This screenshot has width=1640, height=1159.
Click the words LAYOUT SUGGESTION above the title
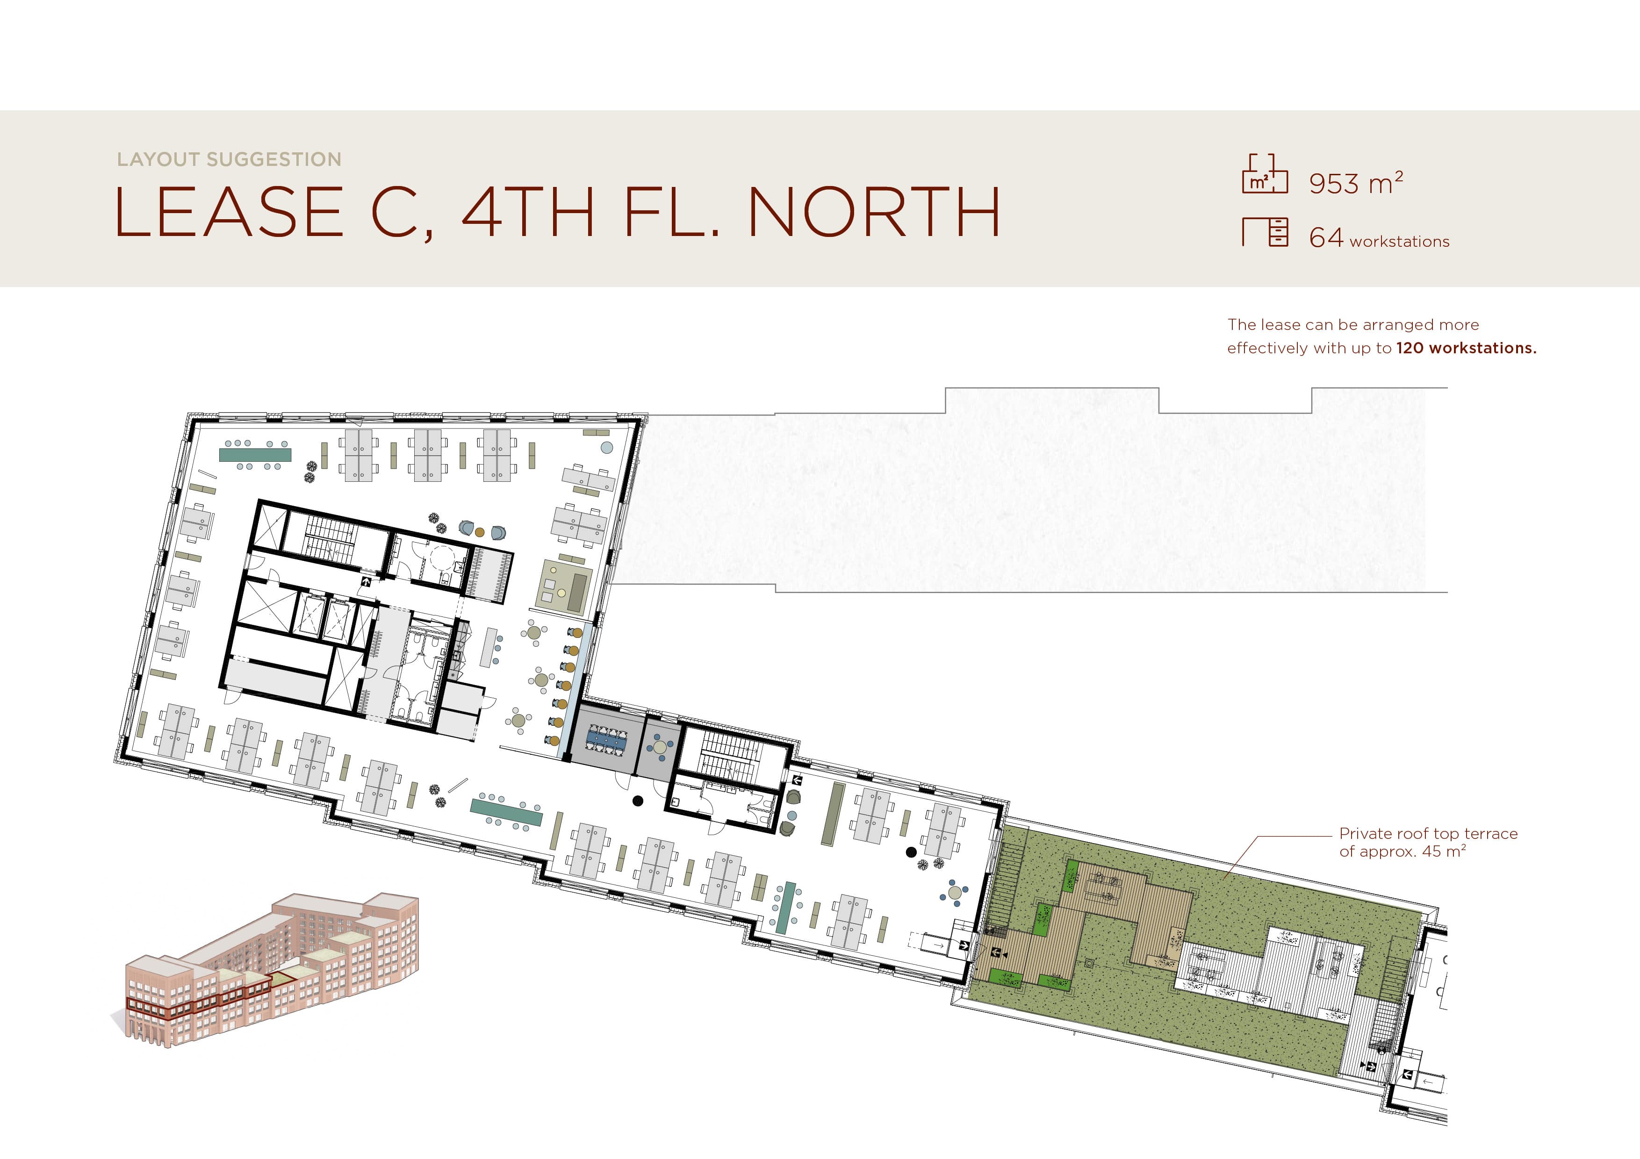click(x=229, y=159)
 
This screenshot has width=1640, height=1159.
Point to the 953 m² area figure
click(x=1356, y=182)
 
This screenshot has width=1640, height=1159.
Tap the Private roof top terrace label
click(x=1428, y=842)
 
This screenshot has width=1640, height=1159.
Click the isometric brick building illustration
click(x=272, y=969)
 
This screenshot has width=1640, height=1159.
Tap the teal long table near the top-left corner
click(x=255, y=455)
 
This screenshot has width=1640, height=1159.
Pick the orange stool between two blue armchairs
click(x=480, y=532)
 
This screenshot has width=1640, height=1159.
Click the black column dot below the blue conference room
click(x=638, y=801)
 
